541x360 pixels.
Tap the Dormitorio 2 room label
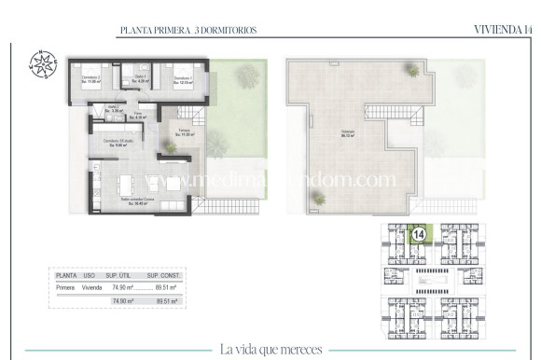click(x=90, y=79)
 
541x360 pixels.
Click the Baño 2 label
click(x=112, y=109)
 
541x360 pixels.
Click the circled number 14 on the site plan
click(x=420, y=233)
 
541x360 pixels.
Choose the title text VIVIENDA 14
click(x=504, y=31)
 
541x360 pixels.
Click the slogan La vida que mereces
click(x=271, y=350)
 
